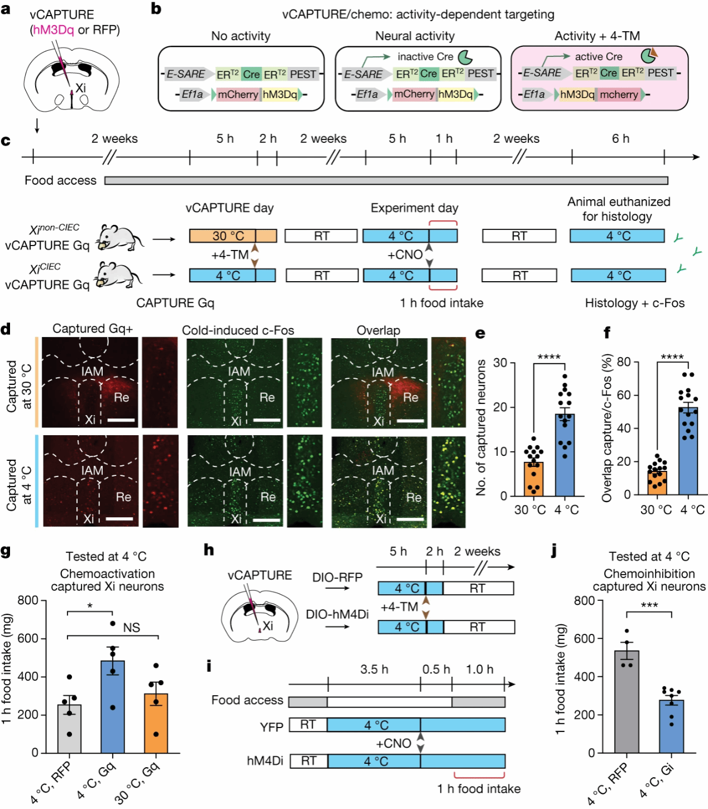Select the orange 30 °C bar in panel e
pyautogui.click(x=533, y=479)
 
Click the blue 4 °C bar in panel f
pyautogui.click(x=688, y=451)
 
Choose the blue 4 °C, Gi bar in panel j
pyautogui.click(x=671, y=726)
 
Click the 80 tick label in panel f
pyautogui.click(x=624, y=363)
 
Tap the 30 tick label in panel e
pyautogui.click(x=500, y=363)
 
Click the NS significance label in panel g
pyautogui.click(x=131, y=628)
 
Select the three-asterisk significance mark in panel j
pyautogui.click(x=649, y=605)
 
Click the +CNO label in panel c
pyautogui.click(x=405, y=255)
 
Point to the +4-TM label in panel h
pyautogui.click(x=399, y=607)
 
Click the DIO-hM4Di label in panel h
pyautogui.click(x=337, y=614)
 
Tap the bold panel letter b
pyautogui.click(x=156, y=9)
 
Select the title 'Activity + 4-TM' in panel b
pyautogui.click(x=597, y=36)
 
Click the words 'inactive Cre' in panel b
pyautogui.click(x=425, y=56)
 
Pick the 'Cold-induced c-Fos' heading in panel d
pyautogui.click(x=238, y=330)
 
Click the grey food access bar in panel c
pyautogui.click(x=386, y=181)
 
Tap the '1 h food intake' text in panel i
pyautogui.click(x=479, y=789)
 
